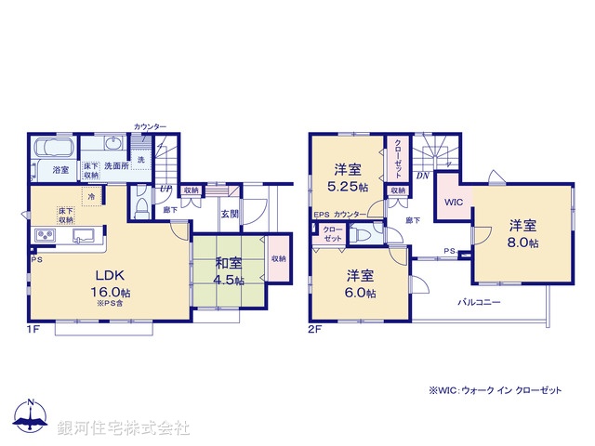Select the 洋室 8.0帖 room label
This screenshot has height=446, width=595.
pyautogui.click(x=522, y=233)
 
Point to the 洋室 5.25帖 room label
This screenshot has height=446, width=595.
pyautogui.click(x=347, y=178)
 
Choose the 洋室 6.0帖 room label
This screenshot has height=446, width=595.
pyautogui.click(x=360, y=283)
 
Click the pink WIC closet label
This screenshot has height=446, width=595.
pyautogui.click(x=453, y=202)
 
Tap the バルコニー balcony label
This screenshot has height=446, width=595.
pyautogui.click(x=480, y=303)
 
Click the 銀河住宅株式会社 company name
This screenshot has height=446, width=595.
pyautogui.click(x=124, y=428)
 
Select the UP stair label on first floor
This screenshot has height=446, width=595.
pyautogui.click(x=165, y=189)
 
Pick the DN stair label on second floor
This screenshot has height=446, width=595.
pyautogui.click(x=421, y=175)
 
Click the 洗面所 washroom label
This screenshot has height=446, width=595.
pyautogui.click(x=118, y=165)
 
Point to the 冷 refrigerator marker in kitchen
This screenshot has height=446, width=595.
pyautogui.click(x=91, y=196)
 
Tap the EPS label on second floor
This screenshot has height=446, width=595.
pyautogui.click(x=321, y=216)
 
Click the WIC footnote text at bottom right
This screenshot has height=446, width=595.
pyautogui.click(x=495, y=390)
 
